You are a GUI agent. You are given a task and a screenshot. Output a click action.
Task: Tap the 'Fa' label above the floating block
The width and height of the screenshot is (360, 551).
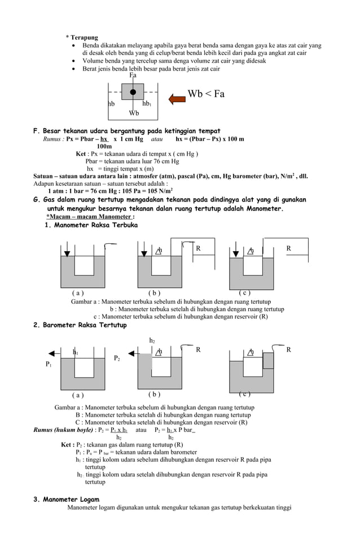tap(133, 75)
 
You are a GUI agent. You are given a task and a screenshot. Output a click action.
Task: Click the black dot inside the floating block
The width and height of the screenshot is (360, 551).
tap(133, 92)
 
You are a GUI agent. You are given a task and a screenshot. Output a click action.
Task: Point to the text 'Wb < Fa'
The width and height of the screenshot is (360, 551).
tap(206, 94)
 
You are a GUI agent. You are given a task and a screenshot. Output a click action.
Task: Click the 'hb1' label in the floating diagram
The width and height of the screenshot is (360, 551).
tap(146, 104)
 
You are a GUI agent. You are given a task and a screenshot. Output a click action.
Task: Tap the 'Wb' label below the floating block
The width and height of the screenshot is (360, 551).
tap(134, 113)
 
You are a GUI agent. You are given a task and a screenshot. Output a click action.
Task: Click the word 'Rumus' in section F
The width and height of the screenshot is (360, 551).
tap(53, 139)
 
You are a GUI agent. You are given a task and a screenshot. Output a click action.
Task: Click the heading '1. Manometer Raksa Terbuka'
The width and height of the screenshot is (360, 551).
tap(91, 225)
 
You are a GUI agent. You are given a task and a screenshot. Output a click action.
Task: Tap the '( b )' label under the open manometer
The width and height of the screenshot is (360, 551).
tap(154, 293)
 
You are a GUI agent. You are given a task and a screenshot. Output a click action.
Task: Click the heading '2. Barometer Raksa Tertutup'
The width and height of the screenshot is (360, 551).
tap(81, 325)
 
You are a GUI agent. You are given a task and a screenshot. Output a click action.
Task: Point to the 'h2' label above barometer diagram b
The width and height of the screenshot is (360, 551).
tap(152, 340)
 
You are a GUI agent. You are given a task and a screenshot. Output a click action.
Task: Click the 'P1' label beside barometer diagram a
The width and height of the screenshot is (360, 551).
tap(49, 365)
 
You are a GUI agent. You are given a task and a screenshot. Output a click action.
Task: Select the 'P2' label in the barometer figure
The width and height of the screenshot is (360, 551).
tap(117, 358)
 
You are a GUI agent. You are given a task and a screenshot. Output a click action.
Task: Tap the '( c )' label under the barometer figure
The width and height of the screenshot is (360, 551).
tap(245, 393)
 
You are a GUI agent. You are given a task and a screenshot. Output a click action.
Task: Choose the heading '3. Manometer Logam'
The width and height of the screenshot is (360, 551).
tap(67, 500)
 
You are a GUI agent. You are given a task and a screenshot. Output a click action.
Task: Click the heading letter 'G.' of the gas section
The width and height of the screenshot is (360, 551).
tap(38, 200)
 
